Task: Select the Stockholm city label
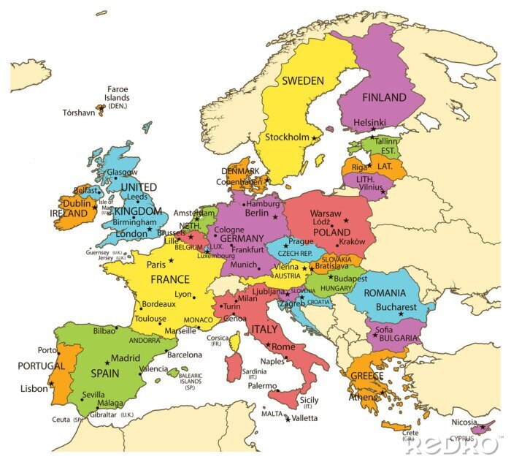pos(286,137)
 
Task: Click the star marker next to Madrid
pos(107,361)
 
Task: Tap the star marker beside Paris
pos(172,260)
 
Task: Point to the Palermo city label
pos(262,385)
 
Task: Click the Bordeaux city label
pos(158,303)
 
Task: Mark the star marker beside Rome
pos(269,344)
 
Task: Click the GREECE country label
pos(367,376)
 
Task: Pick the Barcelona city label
pos(184,355)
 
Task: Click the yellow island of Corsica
pos(235,341)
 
